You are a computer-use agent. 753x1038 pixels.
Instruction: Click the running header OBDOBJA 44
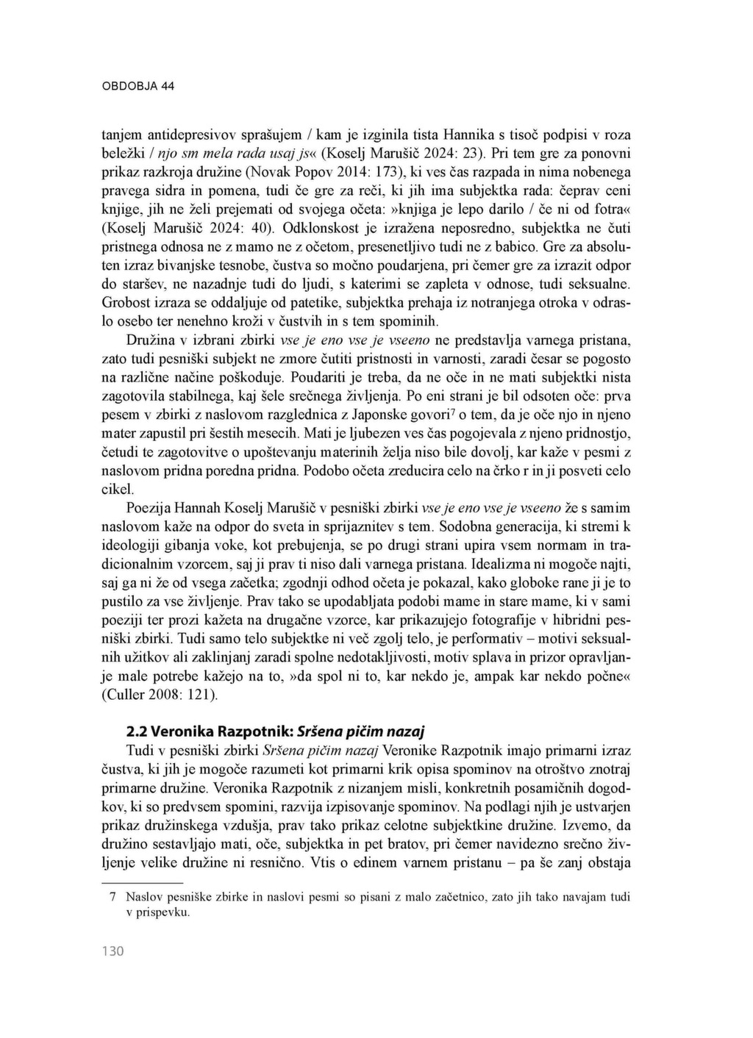pyautogui.click(x=138, y=86)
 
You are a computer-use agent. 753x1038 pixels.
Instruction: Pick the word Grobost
pyautogui.click(x=125, y=303)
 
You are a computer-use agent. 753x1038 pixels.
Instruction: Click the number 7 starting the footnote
pyautogui.click(x=113, y=898)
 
